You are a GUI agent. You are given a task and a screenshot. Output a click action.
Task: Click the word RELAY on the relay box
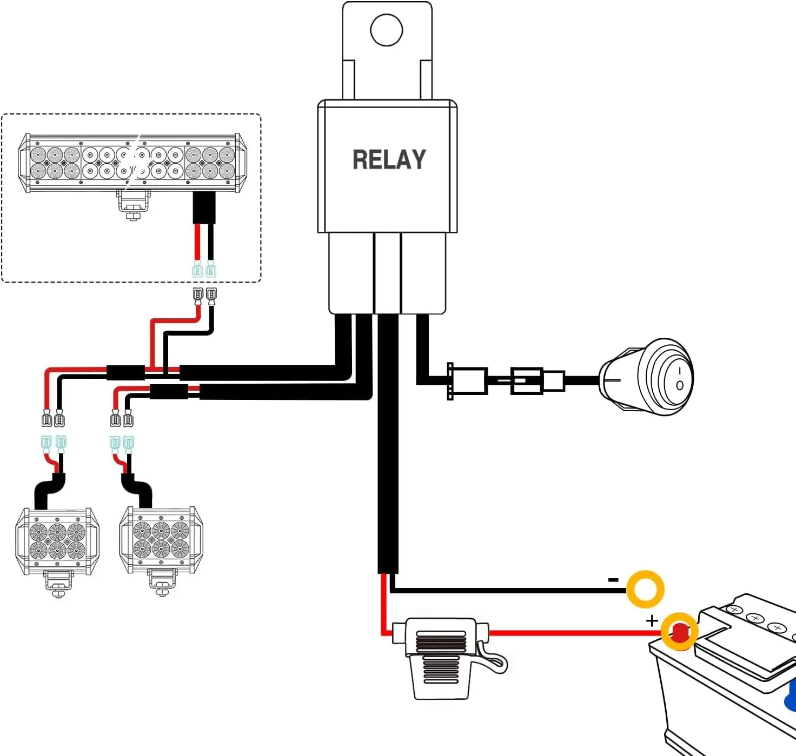(x=389, y=160)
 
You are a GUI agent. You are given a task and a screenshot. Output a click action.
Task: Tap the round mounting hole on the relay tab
(x=386, y=30)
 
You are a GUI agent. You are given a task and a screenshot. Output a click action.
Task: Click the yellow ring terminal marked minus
(x=645, y=588)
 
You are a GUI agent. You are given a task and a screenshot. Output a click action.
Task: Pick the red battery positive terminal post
(x=679, y=631)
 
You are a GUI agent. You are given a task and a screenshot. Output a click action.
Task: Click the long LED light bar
(x=132, y=163)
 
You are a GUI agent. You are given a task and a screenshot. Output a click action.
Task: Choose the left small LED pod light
(x=57, y=541)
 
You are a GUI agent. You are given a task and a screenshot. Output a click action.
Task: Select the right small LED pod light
(x=161, y=540)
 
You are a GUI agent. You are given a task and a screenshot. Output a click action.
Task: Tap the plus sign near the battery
(x=652, y=620)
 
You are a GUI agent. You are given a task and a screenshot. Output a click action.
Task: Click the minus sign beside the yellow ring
(x=613, y=580)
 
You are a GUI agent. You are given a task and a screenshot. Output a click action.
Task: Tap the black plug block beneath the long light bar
(x=204, y=208)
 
